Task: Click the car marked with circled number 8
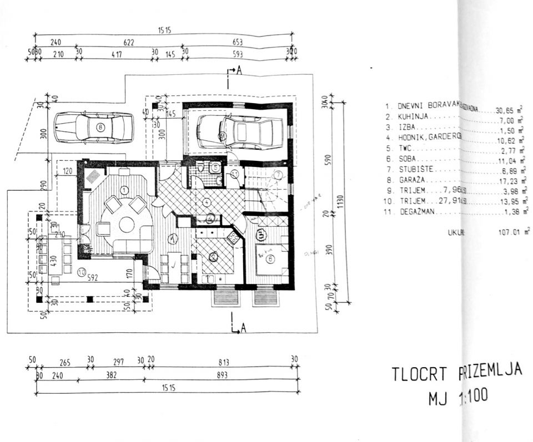[x=94, y=127]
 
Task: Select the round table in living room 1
[x=127, y=225]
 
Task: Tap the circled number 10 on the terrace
[x=82, y=272]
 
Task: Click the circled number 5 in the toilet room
[x=215, y=166]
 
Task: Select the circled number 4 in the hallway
[x=207, y=202]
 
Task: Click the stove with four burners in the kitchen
[x=234, y=238]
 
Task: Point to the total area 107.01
[x=510, y=233]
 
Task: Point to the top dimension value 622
[x=128, y=42]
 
